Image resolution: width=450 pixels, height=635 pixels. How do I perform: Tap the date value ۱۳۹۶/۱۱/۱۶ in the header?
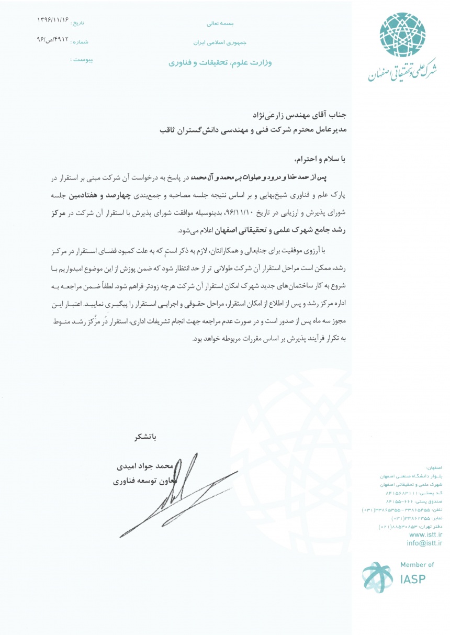coord(52,20)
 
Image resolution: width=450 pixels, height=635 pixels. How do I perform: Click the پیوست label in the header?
coord(81,60)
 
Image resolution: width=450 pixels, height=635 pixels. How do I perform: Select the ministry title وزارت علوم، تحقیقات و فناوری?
coord(220,62)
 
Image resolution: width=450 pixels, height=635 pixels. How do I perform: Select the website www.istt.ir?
coord(425,534)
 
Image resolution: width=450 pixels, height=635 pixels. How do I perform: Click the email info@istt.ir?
coord(424,543)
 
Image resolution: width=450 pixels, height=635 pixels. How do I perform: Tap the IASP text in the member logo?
coord(412,579)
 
